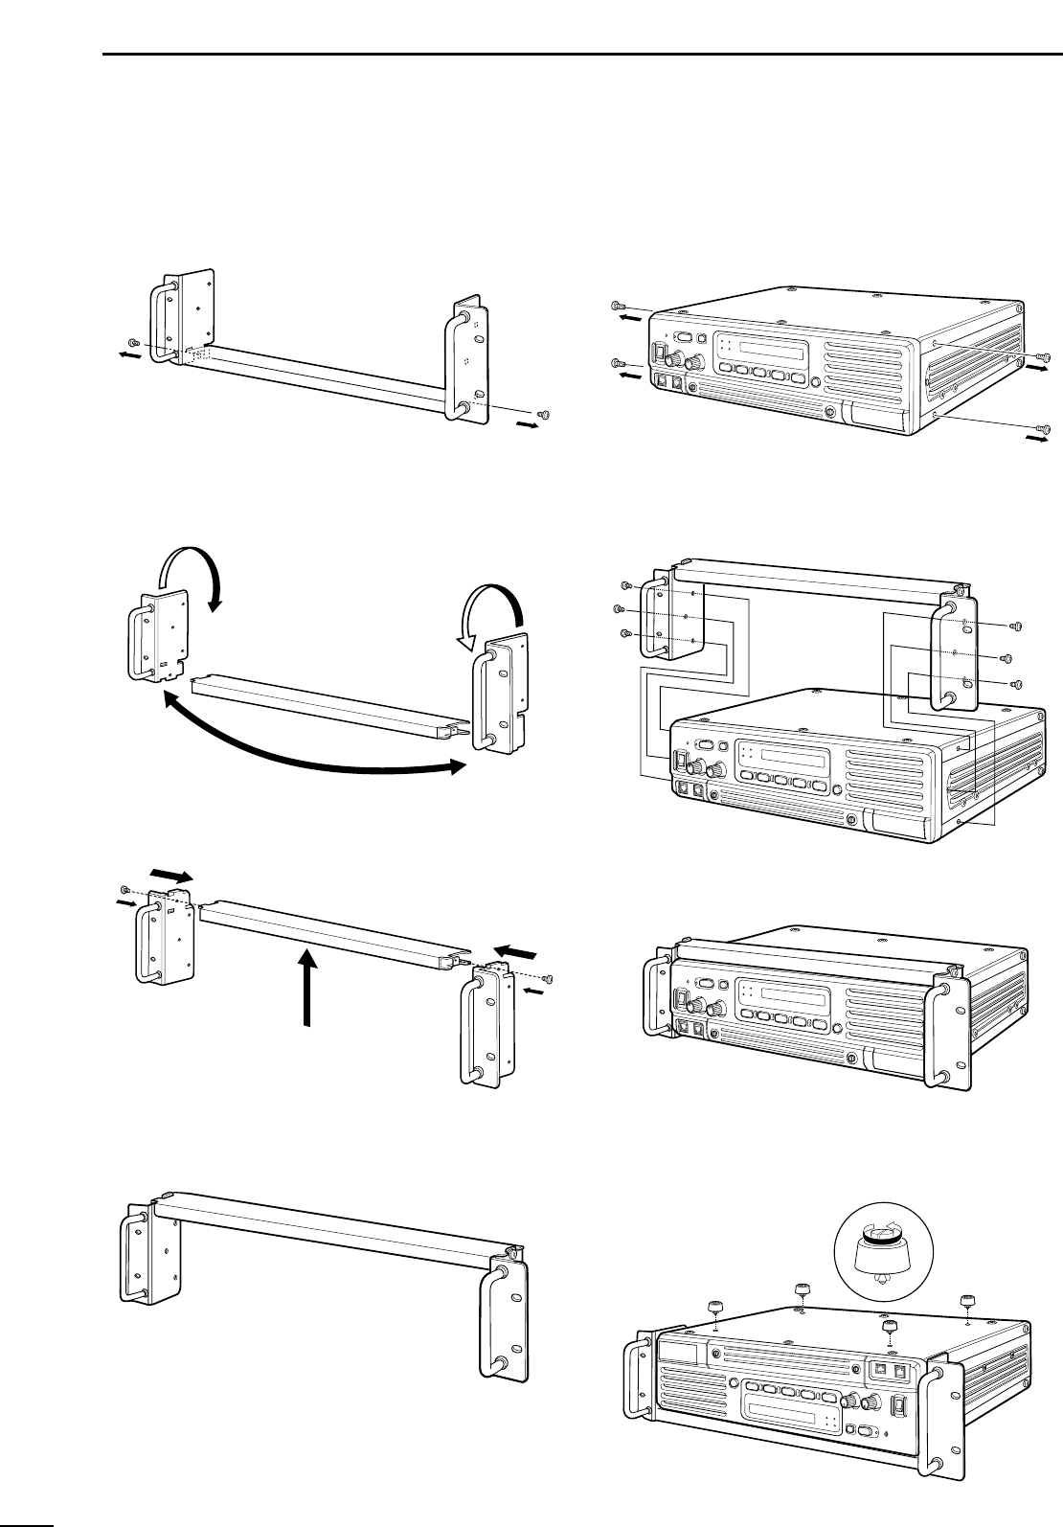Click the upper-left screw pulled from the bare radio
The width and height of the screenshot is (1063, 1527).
coord(618,306)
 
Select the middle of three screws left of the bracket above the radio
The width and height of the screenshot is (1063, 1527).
coord(619,609)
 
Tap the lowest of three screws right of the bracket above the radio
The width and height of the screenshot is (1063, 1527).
coord(1016,684)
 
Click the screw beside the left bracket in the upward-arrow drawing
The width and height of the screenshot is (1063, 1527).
coord(125,889)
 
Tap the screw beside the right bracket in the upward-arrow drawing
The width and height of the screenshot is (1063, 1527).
coord(548,977)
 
